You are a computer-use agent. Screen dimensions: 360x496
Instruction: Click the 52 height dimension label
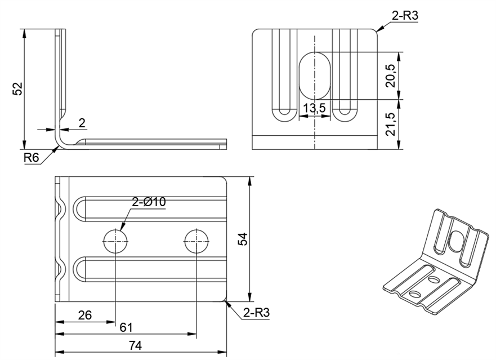pos(17,88)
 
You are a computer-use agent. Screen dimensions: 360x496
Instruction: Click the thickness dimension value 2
pos(82,123)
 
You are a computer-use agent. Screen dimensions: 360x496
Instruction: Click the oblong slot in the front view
pos(314,75)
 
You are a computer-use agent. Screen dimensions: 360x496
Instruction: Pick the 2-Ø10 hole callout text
pos(149,202)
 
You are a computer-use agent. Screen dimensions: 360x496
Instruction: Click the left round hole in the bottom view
pos(115,241)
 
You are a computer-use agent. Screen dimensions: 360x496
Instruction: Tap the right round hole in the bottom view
pos(196,241)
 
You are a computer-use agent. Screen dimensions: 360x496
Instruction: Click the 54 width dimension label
pos(243,239)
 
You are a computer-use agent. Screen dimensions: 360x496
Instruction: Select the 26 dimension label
pos(84,315)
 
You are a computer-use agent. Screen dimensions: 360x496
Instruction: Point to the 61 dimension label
pos(126,327)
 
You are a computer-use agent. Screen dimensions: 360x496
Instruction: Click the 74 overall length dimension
pos(135,346)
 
